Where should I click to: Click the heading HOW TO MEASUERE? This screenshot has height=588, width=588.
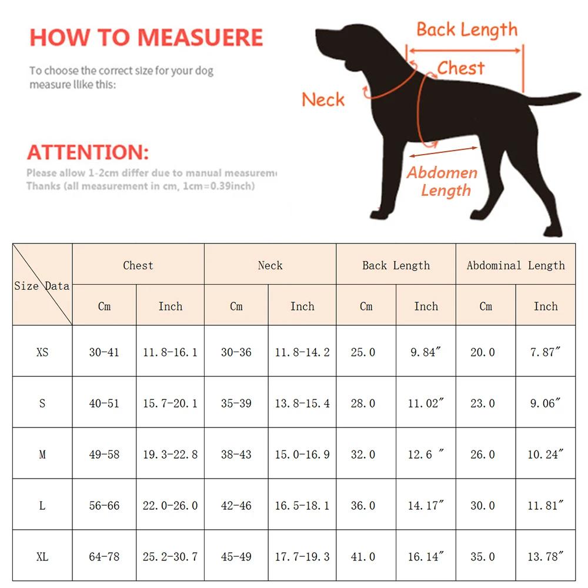tap(146, 37)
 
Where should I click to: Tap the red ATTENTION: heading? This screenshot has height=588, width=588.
tap(88, 152)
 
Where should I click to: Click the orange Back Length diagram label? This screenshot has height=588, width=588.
tap(467, 29)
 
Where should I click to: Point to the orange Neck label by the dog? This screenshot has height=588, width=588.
tap(323, 99)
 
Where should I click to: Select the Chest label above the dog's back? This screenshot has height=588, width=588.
tap(460, 68)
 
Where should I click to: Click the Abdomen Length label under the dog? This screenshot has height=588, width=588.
tap(442, 181)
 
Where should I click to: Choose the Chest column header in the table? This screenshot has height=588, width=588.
tap(138, 265)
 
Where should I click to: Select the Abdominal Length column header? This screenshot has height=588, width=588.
tap(516, 265)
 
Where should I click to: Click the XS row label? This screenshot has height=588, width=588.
tap(42, 352)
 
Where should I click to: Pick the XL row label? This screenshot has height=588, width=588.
tap(42, 556)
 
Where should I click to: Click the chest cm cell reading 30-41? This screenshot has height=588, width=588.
tap(104, 352)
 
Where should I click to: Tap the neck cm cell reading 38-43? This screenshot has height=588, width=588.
tap(236, 455)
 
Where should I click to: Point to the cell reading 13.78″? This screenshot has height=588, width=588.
tap(546, 556)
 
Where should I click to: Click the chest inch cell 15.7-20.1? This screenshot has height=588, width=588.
tap(170, 403)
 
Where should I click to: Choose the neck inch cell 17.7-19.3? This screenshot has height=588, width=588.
tap(302, 556)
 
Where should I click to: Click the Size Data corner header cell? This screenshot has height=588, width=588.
tap(42, 286)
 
